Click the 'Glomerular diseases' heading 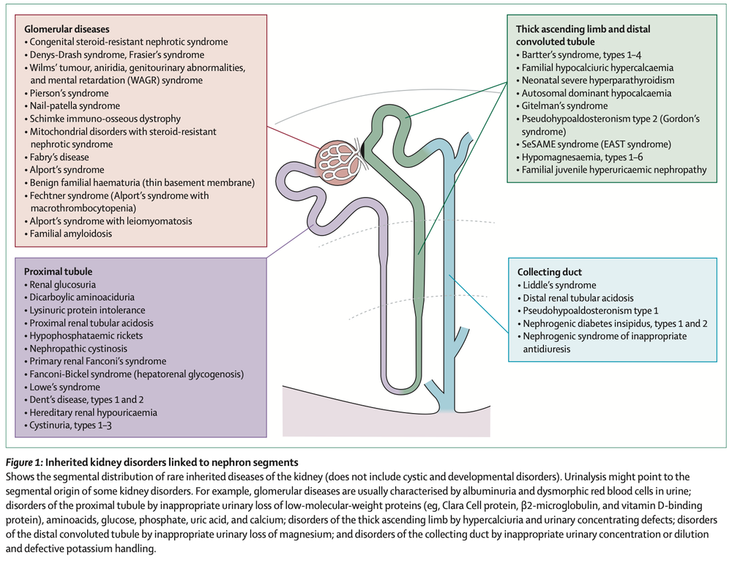[x=67, y=30]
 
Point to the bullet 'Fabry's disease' [x=59, y=157]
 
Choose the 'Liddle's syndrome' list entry [x=559, y=285]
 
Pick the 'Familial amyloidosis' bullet [x=72, y=234]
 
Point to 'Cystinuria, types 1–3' [x=74, y=425]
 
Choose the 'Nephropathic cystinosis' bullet [x=78, y=349]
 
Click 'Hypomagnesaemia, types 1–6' [x=583, y=157]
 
